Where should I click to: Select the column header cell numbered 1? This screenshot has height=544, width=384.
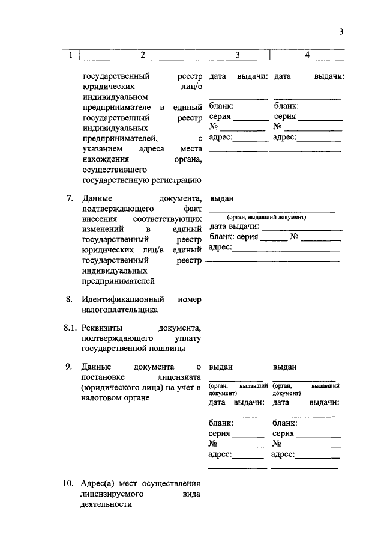(x=70, y=55)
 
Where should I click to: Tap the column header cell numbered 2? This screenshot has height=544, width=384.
(x=143, y=55)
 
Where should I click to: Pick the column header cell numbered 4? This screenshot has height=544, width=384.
(x=307, y=55)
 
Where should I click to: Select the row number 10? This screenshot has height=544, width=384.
(x=68, y=483)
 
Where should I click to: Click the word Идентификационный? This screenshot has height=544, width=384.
(x=120, y=299)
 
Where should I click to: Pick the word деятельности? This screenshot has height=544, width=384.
(x=106, y=505)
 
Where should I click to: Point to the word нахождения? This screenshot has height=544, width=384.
(x=104, y=159)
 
